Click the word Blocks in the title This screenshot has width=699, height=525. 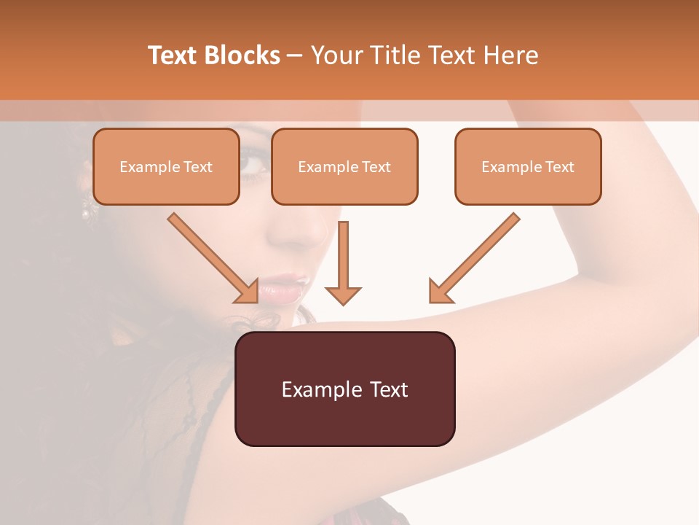point(241,55)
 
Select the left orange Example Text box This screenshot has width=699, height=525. point(166,166)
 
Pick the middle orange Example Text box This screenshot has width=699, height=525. point(344,166)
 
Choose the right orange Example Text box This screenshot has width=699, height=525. point(528,166)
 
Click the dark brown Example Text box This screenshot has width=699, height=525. point(344,389)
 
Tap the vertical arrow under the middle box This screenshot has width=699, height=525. point(343,262)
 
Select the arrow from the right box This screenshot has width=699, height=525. point(475,257)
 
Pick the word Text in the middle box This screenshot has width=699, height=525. point(376,167)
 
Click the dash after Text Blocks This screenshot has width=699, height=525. point(296,55)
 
